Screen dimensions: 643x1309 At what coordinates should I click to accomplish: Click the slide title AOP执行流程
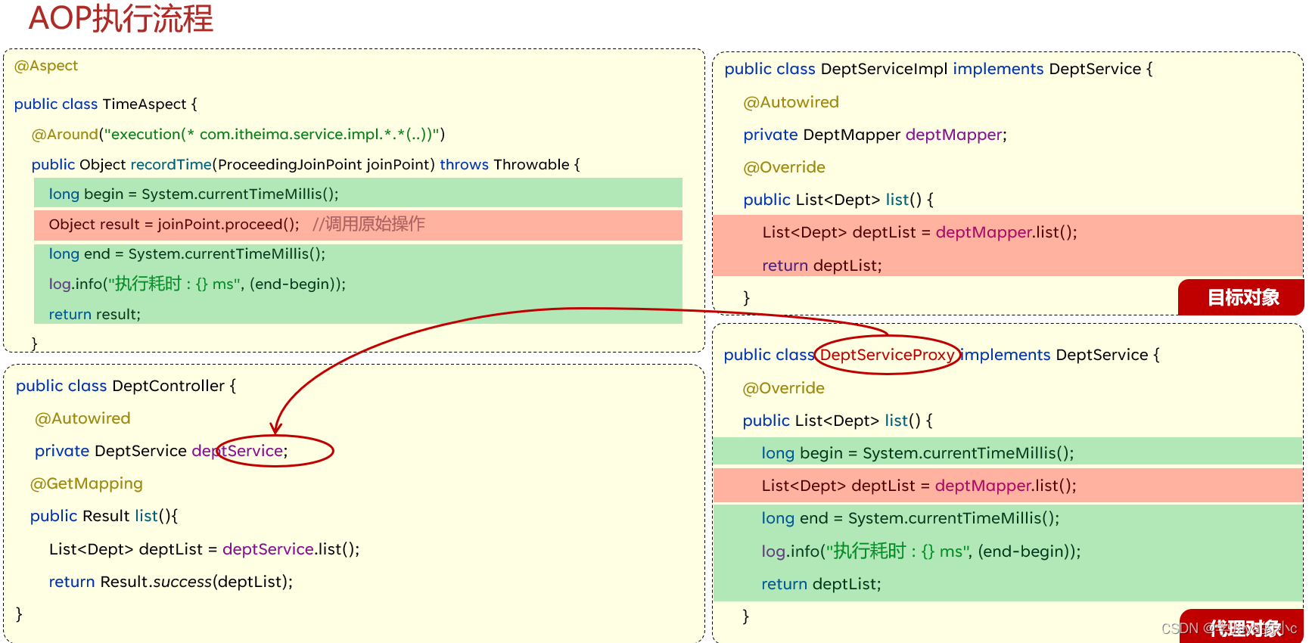[x=120, y=18]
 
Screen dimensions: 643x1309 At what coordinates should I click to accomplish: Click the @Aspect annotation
[x=46, y=66]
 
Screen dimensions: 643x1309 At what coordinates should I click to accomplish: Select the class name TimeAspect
[x=144, y=104]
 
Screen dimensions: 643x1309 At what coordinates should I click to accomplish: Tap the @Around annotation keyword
[x=65, y=134]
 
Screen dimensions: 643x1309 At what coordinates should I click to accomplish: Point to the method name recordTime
[x=170, y=164]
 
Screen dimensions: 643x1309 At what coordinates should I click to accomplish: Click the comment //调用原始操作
[x=368, y=224]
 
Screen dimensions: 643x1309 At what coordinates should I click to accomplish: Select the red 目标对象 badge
[x=1242, y=297]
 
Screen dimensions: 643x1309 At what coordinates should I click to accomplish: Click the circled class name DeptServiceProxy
[x=887, y=355]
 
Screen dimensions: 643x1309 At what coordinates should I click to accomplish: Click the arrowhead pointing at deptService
[x=276, y=429]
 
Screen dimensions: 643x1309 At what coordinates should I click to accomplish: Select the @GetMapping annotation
[x=86, y=483]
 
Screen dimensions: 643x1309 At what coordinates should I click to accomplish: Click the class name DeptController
[x=168, y=386]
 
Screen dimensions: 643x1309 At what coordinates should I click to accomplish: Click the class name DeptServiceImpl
[x=884, y=69]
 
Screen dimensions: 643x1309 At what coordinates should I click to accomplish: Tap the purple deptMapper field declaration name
[x=953, y=135]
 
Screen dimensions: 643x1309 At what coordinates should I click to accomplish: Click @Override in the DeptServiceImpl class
[x=784, y=167]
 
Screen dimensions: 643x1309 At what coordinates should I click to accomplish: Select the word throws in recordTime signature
[x=464, y=164]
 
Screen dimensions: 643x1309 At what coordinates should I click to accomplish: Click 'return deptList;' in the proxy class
[x=821, y=584]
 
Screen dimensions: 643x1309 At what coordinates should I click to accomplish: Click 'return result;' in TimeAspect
[x=95, y=314]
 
